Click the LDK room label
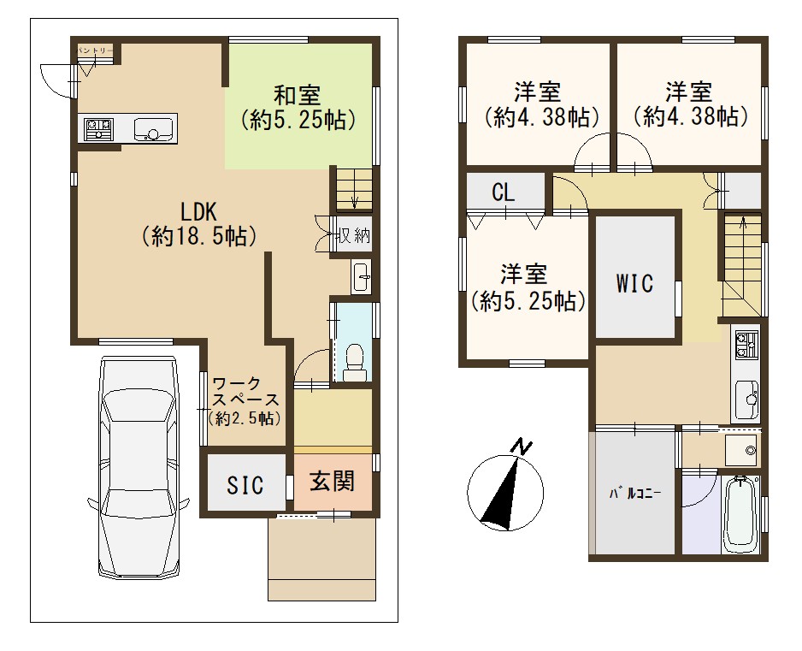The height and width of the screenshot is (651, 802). [198, 211]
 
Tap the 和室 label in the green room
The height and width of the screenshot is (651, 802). [298, 95]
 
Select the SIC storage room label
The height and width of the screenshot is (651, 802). [245, 485]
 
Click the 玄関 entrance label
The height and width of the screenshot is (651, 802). [333, 481]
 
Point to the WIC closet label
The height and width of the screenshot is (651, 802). [634, 283]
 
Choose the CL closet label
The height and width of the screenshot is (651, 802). [504, 192]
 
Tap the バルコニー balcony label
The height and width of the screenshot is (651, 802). [634, 494]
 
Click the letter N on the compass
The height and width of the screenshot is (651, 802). [522, 447]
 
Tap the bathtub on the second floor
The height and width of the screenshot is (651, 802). [740, 514]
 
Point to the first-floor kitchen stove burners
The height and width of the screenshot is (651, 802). [98, 128]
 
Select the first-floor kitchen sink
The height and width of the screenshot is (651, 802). [153, 128]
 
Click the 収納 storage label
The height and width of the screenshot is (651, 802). [353, 236]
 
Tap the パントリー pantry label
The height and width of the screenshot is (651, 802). [95, 50]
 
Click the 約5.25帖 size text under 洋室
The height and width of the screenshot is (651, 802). [528, 301]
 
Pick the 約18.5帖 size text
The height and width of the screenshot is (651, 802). [198, 236]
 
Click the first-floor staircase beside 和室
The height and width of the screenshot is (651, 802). [354, 189]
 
